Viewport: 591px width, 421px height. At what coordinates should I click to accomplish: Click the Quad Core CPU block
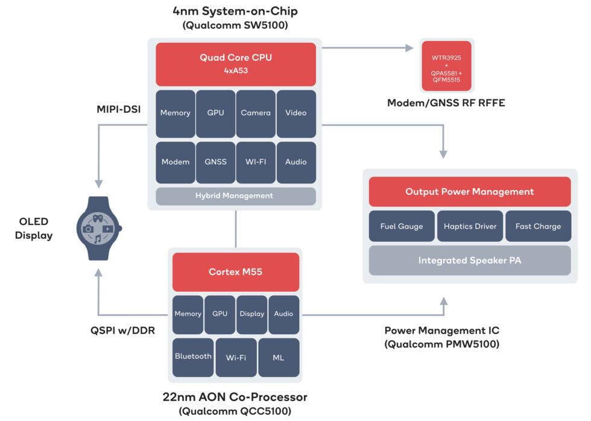236,64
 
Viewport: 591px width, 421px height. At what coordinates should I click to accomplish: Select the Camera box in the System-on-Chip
256,113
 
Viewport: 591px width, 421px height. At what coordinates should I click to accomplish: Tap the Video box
296,113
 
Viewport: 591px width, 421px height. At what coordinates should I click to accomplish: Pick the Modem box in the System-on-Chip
175,162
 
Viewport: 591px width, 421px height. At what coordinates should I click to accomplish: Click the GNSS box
215,162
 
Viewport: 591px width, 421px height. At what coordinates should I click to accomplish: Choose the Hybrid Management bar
235,196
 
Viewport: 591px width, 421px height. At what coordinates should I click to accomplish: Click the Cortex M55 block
235,272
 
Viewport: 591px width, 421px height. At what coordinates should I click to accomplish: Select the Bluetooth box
193,357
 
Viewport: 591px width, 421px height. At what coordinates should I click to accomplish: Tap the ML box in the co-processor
278,357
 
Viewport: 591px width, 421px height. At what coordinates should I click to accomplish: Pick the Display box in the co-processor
252,314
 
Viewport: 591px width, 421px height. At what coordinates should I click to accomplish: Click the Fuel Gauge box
402,227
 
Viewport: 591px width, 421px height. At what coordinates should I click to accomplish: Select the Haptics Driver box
470,227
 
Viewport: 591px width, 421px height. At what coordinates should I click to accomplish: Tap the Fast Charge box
538,227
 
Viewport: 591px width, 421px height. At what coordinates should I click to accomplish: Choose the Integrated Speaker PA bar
470,261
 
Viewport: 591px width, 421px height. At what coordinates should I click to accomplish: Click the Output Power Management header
470,192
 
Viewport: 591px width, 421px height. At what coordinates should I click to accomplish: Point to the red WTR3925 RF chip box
446,66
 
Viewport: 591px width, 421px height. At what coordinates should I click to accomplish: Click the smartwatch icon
99,228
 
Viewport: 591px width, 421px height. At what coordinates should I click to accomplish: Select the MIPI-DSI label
119,109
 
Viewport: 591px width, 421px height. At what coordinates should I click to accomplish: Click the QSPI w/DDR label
122,331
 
